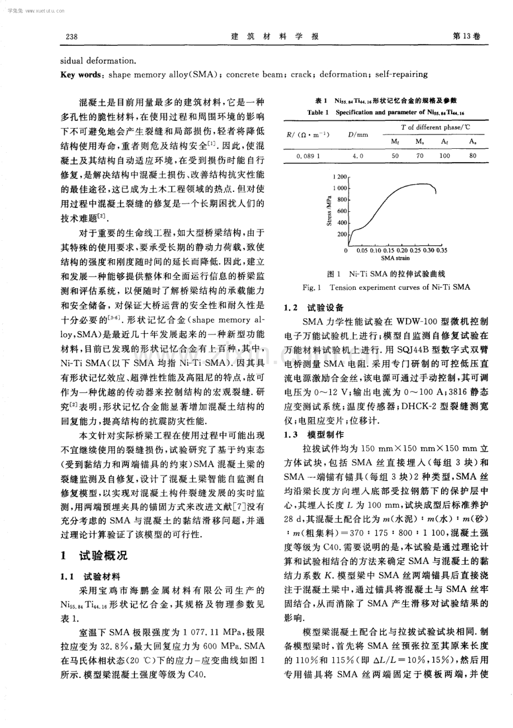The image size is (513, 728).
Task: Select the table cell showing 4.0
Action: tap(357, 156)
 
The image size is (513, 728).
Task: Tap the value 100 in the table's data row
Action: tap(444, 156)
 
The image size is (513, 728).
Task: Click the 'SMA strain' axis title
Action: tap(395, 259)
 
